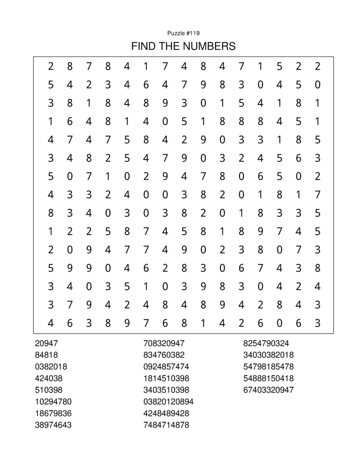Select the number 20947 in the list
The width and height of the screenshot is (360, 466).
point(46,343)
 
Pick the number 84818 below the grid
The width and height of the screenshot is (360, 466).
point(46,355)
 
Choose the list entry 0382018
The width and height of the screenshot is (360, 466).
point(51,366)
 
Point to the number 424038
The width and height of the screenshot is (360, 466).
point(49,378)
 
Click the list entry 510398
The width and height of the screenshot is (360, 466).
point(49,390)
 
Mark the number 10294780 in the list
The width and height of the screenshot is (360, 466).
point(53,401)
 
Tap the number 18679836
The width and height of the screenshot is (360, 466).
point(53,413)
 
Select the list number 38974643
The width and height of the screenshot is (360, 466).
point(53,425)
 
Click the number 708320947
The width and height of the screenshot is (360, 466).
point(164,343)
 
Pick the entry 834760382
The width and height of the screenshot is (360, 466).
point(164,355)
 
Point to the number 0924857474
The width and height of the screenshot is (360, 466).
point(166,366)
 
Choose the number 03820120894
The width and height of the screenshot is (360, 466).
point(168,401)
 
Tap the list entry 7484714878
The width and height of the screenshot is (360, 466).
point(166,425)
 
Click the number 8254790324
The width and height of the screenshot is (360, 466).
point(266,343)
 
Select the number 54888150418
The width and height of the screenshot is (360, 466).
point(268,378)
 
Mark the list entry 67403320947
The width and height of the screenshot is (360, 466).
point(268,390)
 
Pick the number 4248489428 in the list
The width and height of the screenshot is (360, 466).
point(166,413)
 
